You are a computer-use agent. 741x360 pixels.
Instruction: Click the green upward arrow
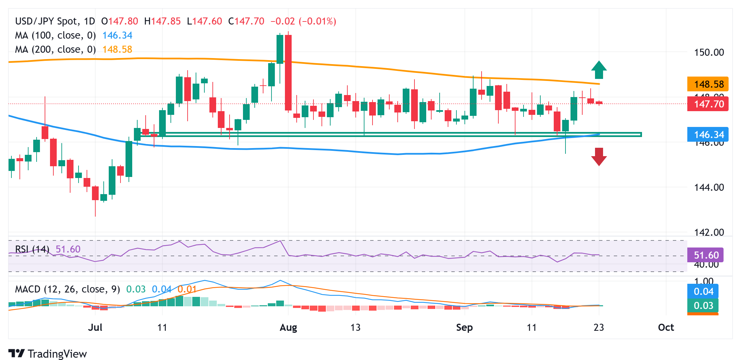coord(599,70)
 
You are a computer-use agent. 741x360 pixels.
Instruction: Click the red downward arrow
coord(599,156)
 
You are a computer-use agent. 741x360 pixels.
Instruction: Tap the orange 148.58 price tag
coord(707,84)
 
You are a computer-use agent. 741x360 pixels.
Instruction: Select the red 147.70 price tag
coord(707,104)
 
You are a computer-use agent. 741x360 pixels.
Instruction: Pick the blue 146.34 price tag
coord(707,135)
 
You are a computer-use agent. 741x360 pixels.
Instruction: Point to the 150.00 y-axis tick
coord(709,52)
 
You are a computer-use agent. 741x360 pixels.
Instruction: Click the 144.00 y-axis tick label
coord(709,187)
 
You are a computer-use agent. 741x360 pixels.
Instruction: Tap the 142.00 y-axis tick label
coord(709,232)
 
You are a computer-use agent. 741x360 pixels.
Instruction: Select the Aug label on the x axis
coord(288,327)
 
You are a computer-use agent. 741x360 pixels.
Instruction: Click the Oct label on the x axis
coord(666,327)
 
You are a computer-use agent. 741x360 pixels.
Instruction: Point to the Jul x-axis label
coord(95,327)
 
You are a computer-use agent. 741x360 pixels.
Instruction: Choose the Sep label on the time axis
coord(464,327)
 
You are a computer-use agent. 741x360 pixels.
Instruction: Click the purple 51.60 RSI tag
coord(705,255)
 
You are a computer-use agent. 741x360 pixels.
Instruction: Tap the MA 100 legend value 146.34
coord(117,35)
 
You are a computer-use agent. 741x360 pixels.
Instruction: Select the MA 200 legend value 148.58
coord(117,49)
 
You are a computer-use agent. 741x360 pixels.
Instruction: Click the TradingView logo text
coord(57,354)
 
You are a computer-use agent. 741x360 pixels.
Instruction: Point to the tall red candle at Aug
coord(288,73)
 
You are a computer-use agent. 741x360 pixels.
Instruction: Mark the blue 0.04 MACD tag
coord(703,291)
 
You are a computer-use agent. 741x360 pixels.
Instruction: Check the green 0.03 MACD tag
coord(703,306)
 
